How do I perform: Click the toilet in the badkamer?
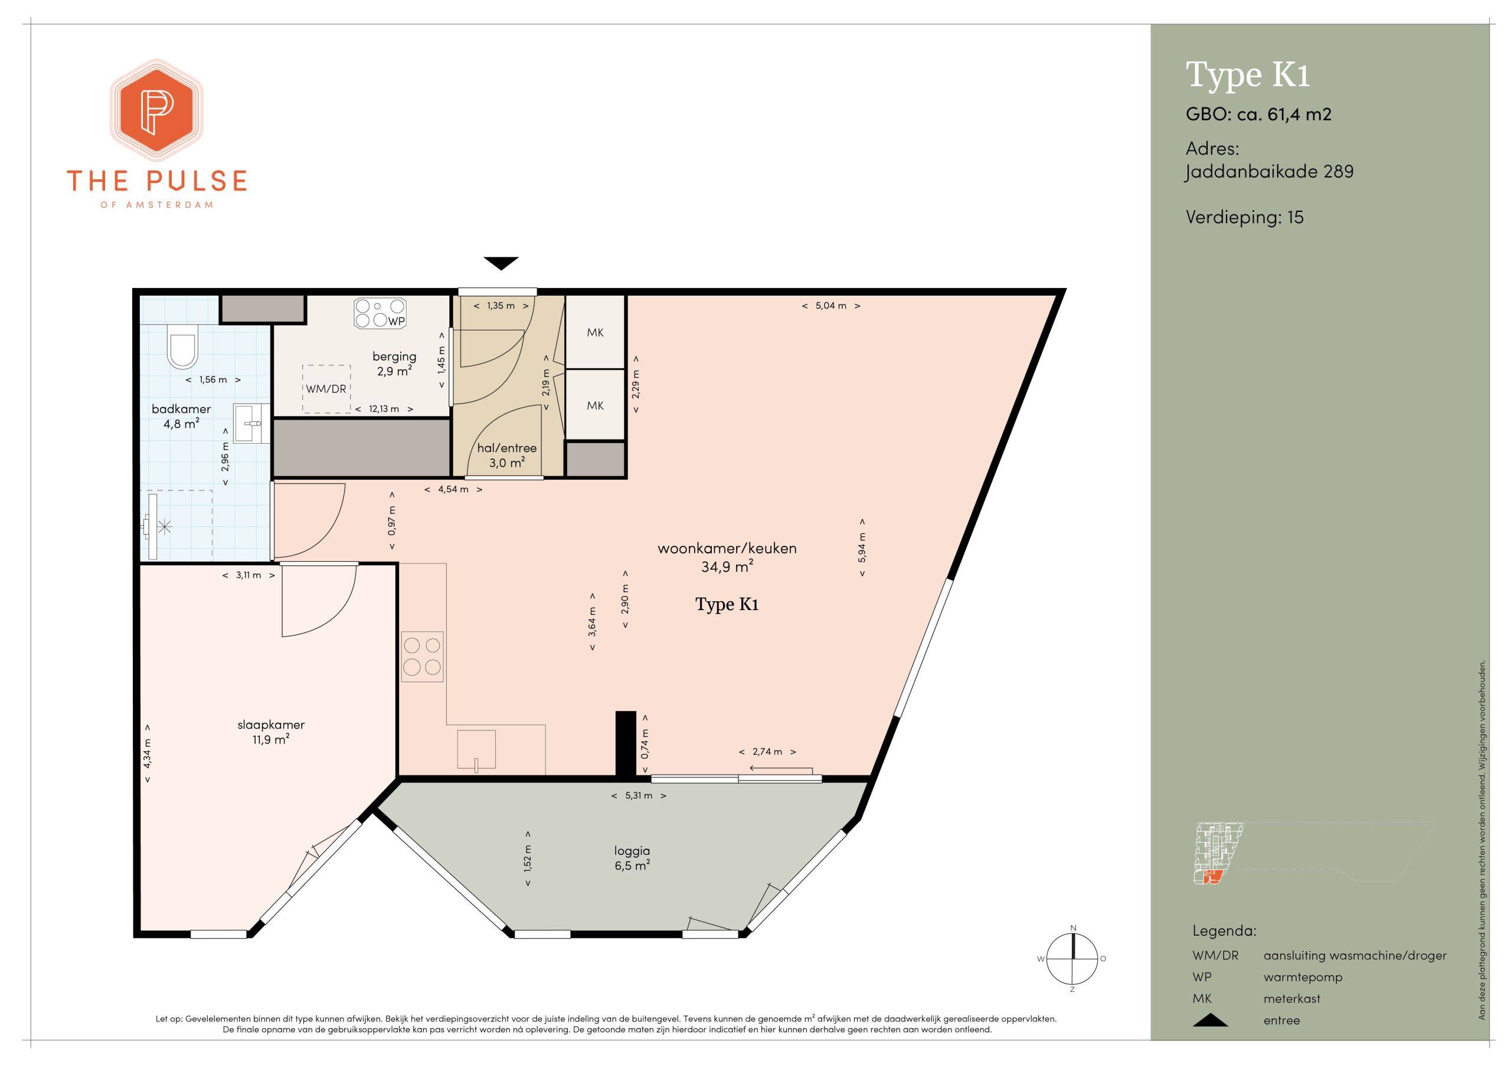(182, 348)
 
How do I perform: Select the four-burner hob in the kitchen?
(422, 656)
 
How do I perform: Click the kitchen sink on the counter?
(477, 749)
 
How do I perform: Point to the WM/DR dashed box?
(326, 389)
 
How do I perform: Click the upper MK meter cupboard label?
(595, 332)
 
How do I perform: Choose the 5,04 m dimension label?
(831, 305)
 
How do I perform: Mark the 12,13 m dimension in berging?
(384, 409)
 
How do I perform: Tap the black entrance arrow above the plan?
(502, 263)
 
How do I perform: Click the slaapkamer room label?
(271, 732)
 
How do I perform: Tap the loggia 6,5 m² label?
(632, 858)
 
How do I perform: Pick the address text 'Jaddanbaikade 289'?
(1270, 172)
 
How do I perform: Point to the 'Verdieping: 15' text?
(1244, 218)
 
